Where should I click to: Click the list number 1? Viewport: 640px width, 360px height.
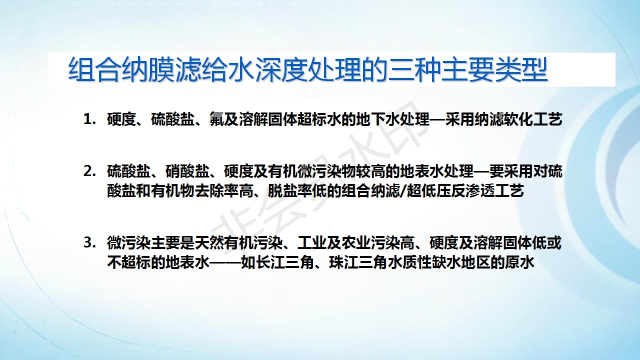[89, 119]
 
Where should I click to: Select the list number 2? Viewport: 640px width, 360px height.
[89, 171]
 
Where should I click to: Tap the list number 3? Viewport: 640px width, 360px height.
[89, 243]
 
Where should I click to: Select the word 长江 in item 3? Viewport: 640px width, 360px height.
[270, 262]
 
